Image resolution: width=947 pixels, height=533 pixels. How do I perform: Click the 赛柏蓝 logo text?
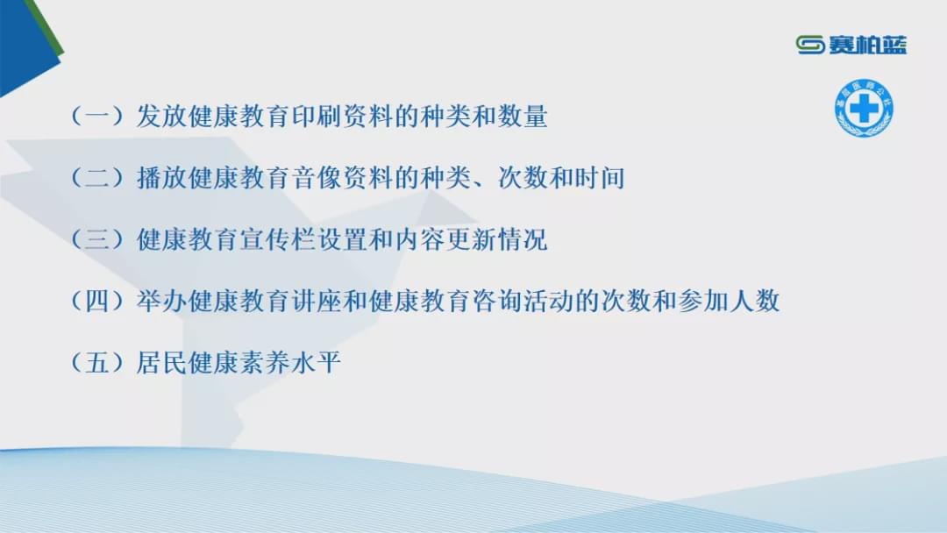click(x=867, y=45)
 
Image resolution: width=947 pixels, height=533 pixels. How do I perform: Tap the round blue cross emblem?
click(x=865, y=108)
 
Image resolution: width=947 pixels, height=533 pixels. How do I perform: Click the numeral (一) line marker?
click(x=98, y=116)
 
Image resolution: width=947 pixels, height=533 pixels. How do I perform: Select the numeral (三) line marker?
click(x=98, y=239)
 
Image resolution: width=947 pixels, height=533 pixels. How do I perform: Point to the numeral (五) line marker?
click(x=98, y=363)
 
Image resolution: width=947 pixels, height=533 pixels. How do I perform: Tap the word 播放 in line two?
click(x=162, y=178)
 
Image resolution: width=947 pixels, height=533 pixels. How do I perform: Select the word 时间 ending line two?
click(x=600, y=178)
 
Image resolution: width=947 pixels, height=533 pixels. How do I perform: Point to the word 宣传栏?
click(x=278, y=239)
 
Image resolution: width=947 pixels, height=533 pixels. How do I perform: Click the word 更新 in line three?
click(x=471, y=239)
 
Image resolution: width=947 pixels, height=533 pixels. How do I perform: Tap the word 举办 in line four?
click(x=162, y=302)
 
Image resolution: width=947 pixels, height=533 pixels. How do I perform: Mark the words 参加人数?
click(x=729, y=302)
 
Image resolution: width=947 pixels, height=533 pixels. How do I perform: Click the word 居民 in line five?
click(x=162, y=363)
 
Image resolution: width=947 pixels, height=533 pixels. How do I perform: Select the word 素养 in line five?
click(x=265, y=363)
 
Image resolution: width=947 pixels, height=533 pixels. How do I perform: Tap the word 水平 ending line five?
click(x=317, y=363)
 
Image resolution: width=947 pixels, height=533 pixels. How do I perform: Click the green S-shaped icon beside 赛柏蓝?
click(x=810, y=45)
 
